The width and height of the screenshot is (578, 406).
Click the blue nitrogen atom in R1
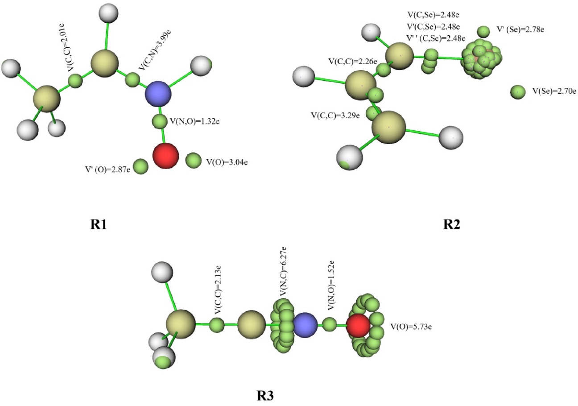(x=158, y=94)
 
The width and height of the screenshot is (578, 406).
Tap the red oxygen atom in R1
(x=166, y=156)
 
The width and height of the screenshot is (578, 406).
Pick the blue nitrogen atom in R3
(x=305, y=325)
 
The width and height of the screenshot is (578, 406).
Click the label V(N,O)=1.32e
(x=194, y=121)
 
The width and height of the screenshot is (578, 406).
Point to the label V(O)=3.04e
(x=227, y=162)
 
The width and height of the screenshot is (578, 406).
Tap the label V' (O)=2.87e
(x=107, y=170)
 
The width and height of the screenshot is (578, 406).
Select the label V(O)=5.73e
(x=410, y=327)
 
